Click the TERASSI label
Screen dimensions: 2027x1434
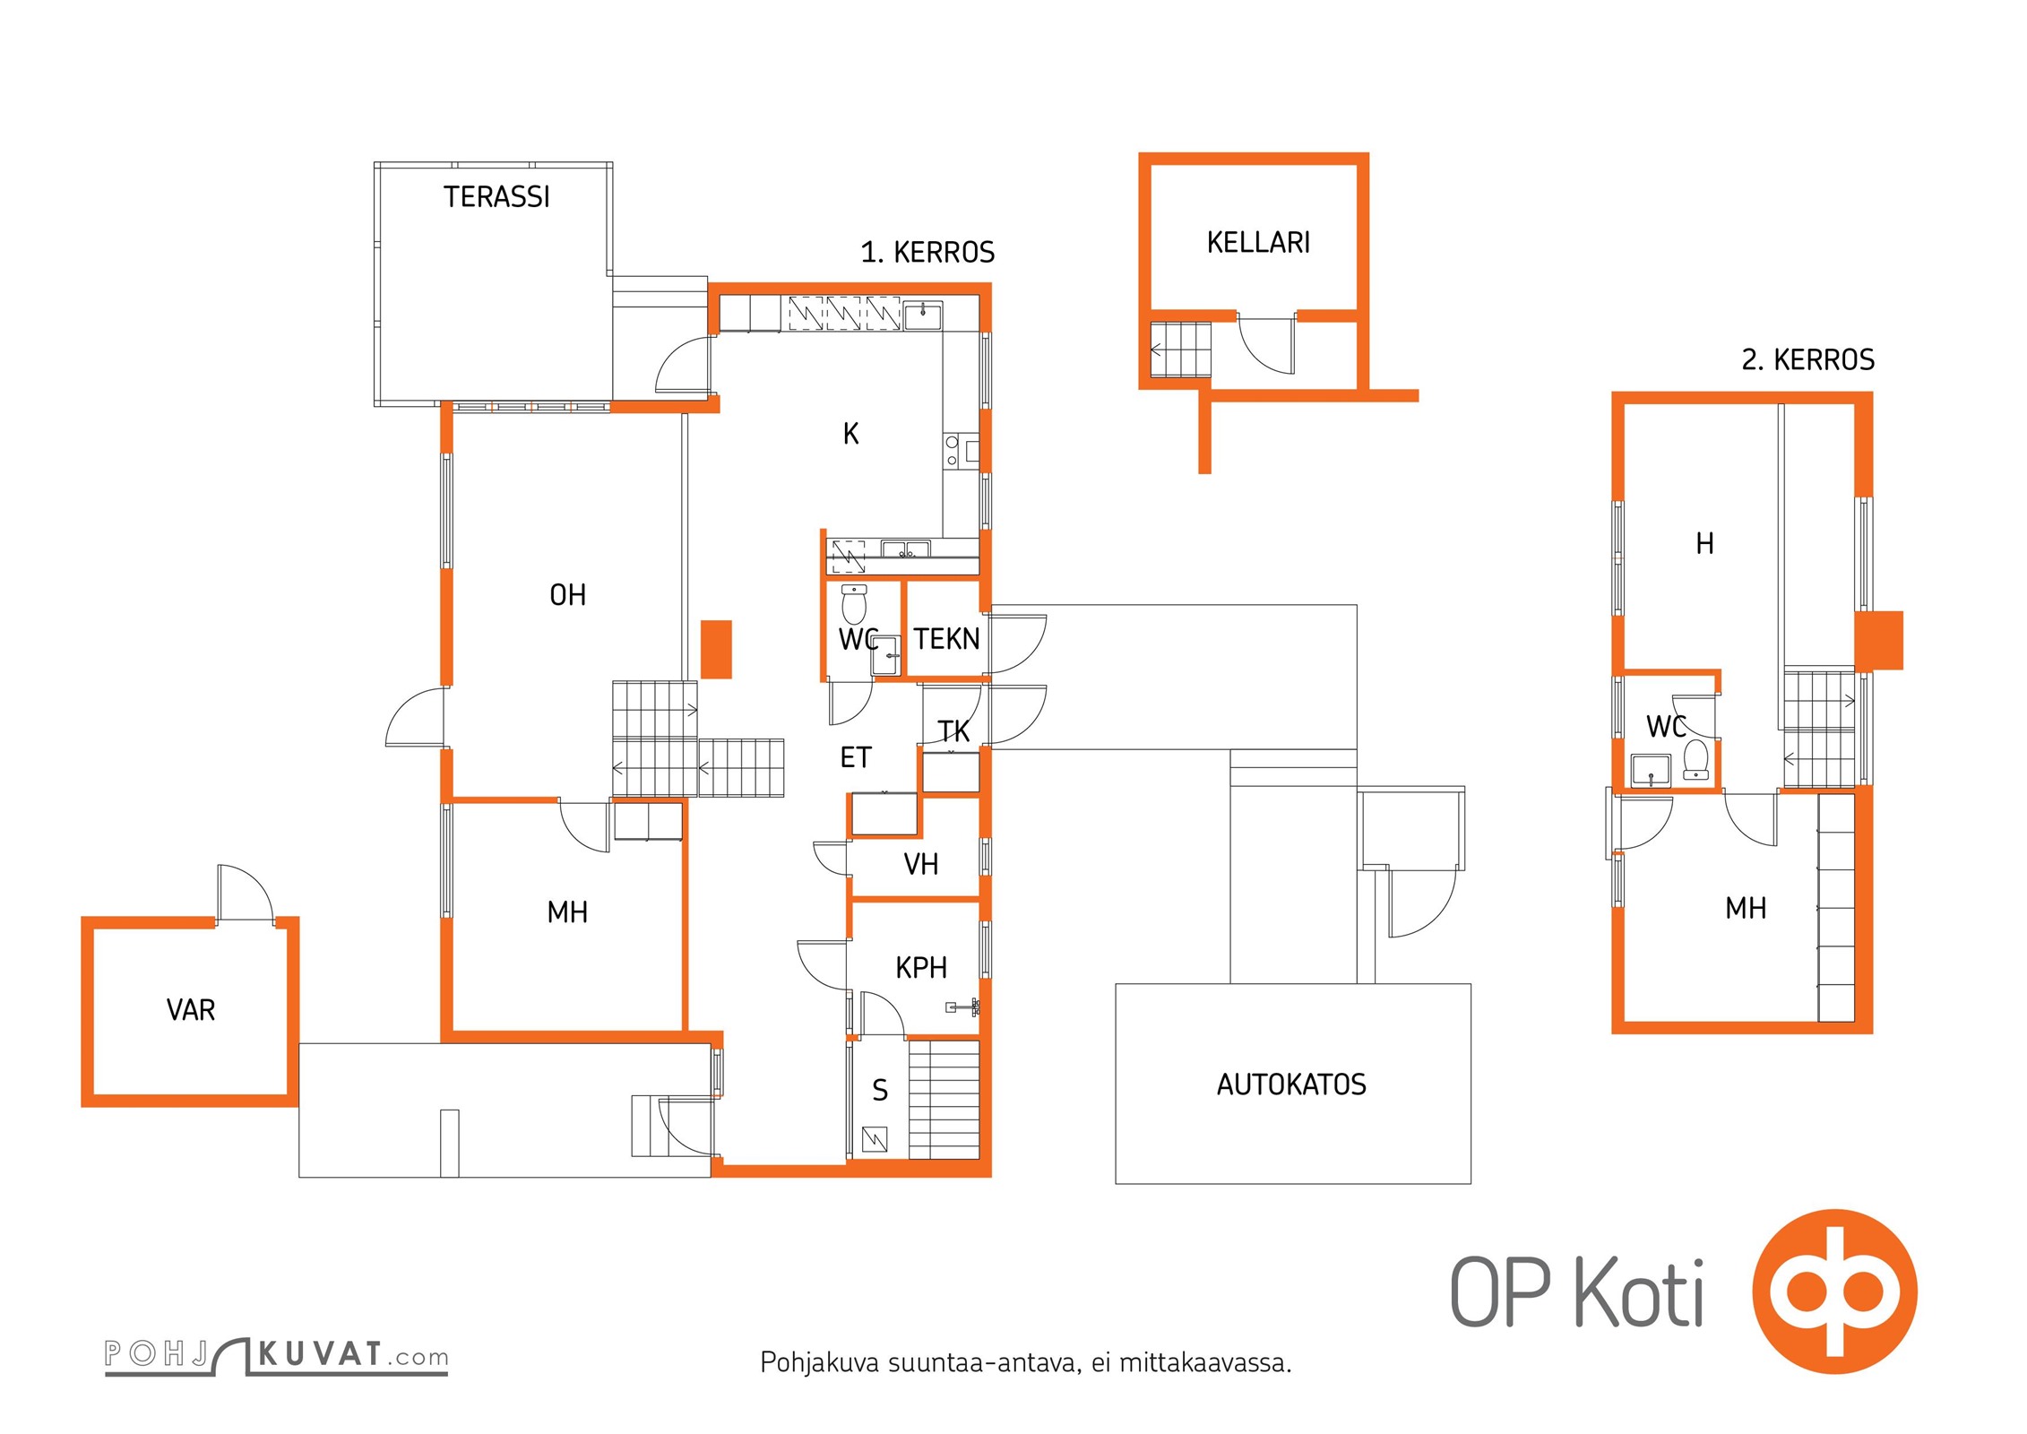pyautogui.click(x=496, y=197)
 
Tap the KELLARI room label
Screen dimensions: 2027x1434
pyautogui.click(x=1258, y=242)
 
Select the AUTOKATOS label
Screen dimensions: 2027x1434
pyautogui.click(x=1291, y=1084)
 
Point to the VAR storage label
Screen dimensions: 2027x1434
pyautogui.click(x=191, y=1010)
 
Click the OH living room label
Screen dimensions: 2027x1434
pyautogui.click(x=567, y=595)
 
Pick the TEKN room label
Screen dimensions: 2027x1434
pyautogui.click(x=946, y=639)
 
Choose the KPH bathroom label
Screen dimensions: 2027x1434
pyautogui.click(x=921, y=968)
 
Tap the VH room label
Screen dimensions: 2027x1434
pyautogui.click(x=921, y=864)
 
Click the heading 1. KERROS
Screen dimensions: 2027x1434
pyautogui.click(x=927, y=253)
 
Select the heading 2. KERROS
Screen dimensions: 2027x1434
pyautogui.click(x=1807, y=360)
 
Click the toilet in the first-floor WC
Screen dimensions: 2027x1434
pyautogui.click(x=854, y=604)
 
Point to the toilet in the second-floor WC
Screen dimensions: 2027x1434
pyautogui.click(x=1695, y=760)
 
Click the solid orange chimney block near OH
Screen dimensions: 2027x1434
pyautogui.click(x=716, y=650)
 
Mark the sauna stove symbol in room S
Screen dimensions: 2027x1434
pyautogui.click(x=875, y=1139)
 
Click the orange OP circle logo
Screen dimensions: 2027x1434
pyautogui.click(x=1834, y=1291)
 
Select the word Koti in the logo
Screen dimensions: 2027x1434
pyautogui.click(x=1639, y=1291)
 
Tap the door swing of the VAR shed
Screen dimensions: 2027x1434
pyautogui.click(x=245, y=892)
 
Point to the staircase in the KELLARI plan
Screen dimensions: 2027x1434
pyautogui.click(x=1180, y=350)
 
